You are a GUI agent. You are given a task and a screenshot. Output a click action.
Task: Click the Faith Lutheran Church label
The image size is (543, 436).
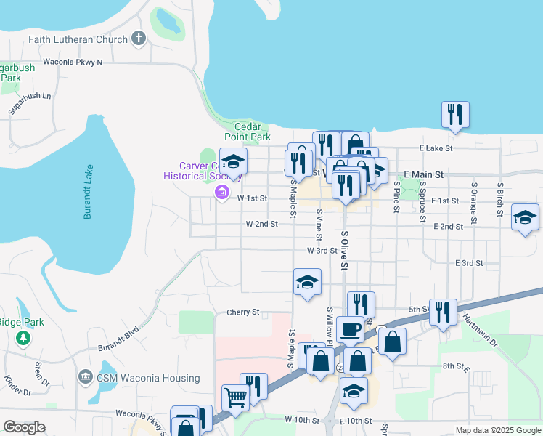(x=78, y=39)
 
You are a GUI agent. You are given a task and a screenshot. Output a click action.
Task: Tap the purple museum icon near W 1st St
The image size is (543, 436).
(x=221, y=194)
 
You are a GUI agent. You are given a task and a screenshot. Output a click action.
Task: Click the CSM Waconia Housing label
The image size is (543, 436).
(x=149, y=378)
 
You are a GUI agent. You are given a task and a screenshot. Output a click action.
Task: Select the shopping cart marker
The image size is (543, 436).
(x=236, y=397)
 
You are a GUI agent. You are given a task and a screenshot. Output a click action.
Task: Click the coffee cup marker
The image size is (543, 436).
(x=350, y=329)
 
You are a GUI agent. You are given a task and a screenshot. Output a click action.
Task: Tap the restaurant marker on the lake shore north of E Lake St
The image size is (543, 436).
(x=455, y=114)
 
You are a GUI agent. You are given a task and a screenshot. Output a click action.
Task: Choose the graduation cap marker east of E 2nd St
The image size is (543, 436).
(x=525, y=217)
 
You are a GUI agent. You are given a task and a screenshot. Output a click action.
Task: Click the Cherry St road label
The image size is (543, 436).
(x=242, y=312)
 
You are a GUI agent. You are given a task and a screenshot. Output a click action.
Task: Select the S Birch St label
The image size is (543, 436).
(x=499, y=193)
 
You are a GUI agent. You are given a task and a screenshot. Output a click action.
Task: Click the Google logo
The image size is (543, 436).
(x=24, y=427)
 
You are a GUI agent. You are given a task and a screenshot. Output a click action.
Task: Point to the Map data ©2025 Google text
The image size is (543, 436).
(x=497, y=430)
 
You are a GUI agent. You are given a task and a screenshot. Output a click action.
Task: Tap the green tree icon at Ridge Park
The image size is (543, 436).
(x=23, y=338)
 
